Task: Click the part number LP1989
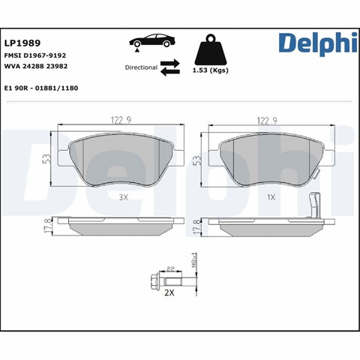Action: [x=22, y=43]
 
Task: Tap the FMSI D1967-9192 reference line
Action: [x=35, y=55]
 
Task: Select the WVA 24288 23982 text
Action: [x=36, y=66]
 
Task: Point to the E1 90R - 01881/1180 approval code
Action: [x=41, y=88]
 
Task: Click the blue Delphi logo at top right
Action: [x=318, y=43]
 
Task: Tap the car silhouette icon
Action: [x=152, y=41]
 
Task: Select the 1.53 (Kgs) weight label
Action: [x=211, y=70]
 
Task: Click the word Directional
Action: [x=141, y=67]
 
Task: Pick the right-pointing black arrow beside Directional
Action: [x=170, y=63]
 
